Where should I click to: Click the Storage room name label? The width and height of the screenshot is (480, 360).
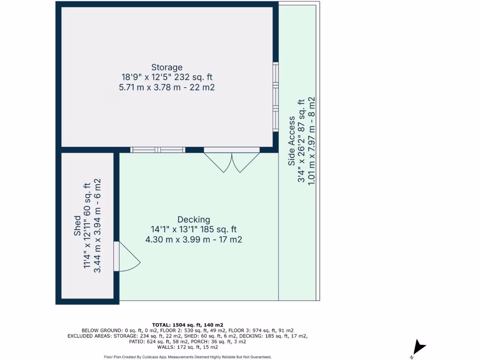pyautogui.click(x=167, y=67)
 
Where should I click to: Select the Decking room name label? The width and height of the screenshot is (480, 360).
pyautogui.click(x=194, y=219)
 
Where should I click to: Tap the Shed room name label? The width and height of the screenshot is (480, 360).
pyautogui.click(x=77, y=226)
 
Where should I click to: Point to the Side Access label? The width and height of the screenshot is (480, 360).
pyautogui.click(x=292, y=141)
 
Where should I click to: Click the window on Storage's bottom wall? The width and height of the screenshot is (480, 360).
pyautogui.click(x=157, y=150)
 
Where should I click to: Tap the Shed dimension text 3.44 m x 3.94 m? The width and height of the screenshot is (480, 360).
pyautogui.click(x=97, y=226)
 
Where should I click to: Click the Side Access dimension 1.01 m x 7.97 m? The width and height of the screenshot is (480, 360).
pyautogui.click(x=311, y=141)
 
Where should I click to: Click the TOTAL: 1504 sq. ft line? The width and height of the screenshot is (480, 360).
pyautogui.click(x=187, y=325)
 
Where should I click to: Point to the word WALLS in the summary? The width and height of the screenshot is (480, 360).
pyautogui.click(x=167, y=347)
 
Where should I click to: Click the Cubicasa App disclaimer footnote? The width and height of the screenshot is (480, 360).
pyautogui.click(x=187, y=357)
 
